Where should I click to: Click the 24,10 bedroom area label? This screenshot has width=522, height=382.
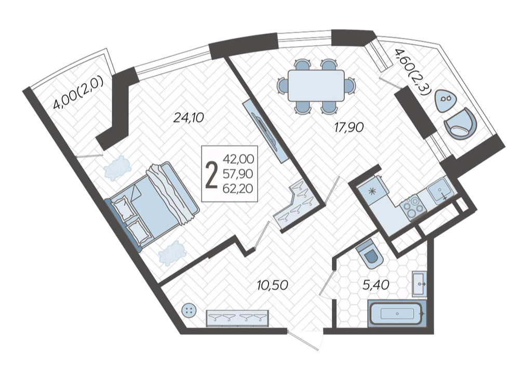tap(189, 117)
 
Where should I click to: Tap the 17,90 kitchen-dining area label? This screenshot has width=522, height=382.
tap(349, 127)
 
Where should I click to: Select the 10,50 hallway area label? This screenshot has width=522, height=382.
tap(272, 285)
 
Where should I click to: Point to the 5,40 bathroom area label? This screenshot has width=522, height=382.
tap(376, 285)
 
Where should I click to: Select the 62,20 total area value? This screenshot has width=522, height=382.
tap(238, 189)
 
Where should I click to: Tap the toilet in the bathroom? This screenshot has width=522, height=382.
tap(369, 255)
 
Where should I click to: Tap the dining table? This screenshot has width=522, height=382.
tap(316, 86)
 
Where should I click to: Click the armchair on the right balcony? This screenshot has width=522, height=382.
tap(460, 124)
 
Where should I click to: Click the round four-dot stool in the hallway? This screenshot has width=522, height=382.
tap(189, 311)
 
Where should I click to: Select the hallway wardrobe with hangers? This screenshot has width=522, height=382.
tap(237, 319)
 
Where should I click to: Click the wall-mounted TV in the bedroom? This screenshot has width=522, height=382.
tap(266, 131)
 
